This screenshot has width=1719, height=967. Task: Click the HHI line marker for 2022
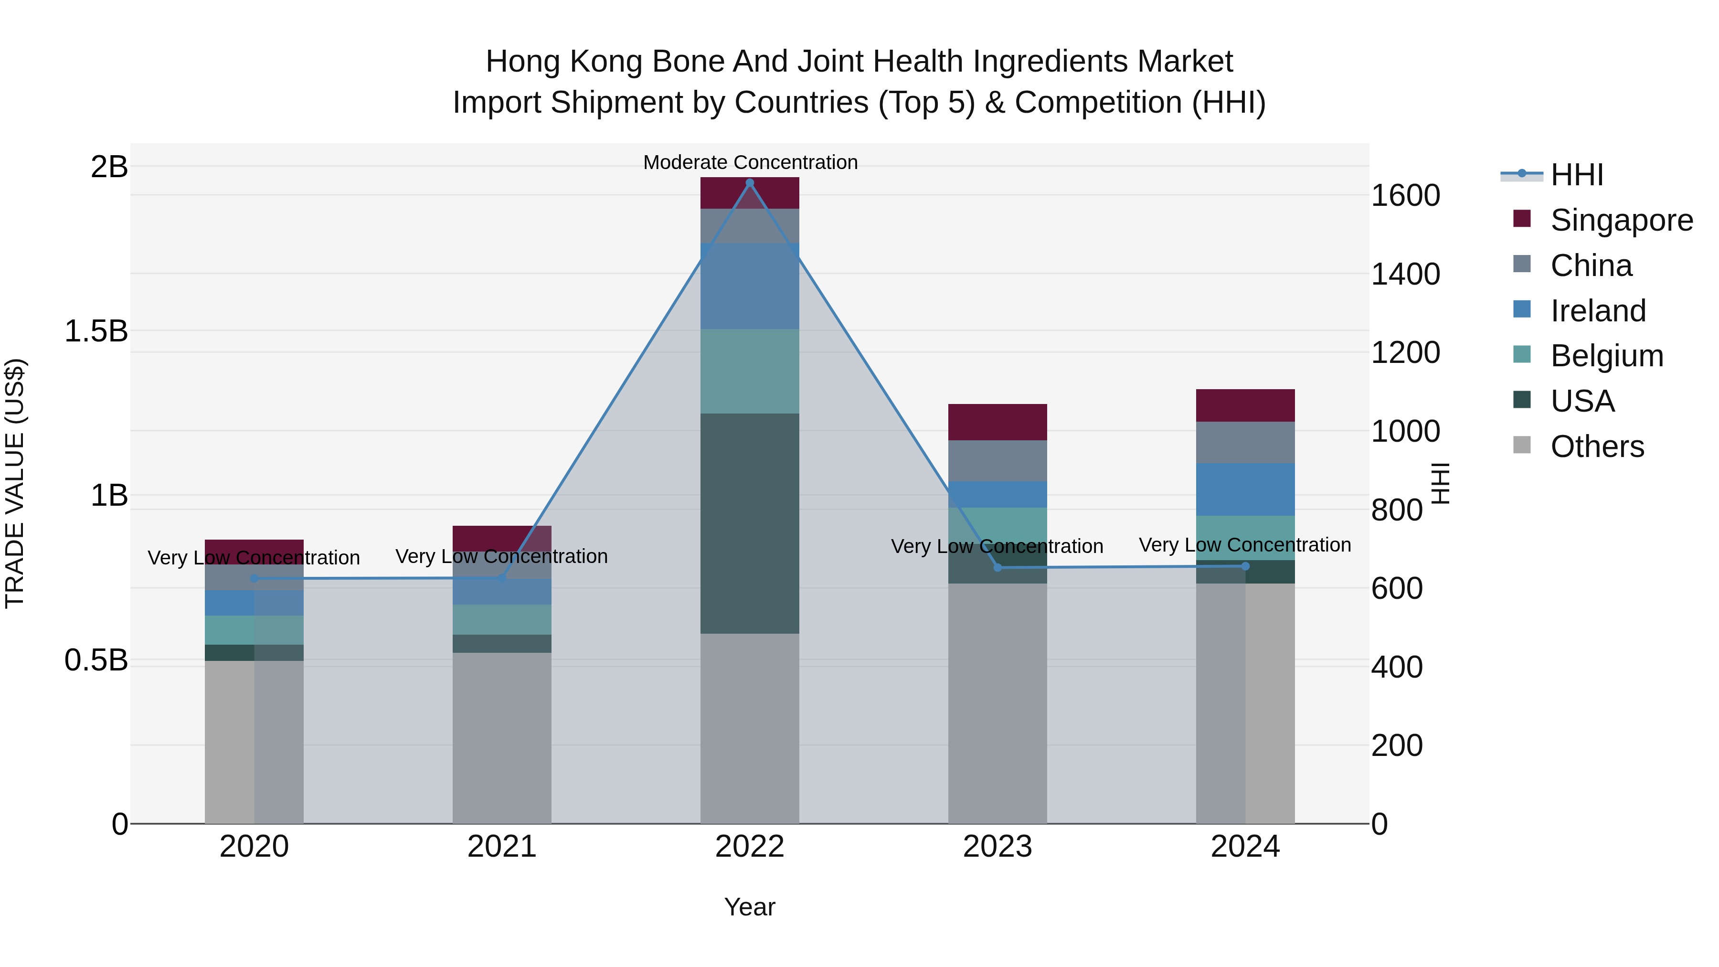coord(749,183)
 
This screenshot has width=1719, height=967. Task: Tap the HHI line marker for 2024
coord(1245,566)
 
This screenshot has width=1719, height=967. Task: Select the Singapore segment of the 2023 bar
coord(997,422)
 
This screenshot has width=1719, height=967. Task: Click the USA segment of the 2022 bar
coord(749,523)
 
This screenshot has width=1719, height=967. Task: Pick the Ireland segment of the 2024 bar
coord(1245,489)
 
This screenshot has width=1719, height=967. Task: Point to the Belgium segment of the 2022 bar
coord(749,371)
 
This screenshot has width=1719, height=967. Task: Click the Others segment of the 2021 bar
coord(502,737)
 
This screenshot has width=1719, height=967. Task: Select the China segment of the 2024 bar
coord(1245,443)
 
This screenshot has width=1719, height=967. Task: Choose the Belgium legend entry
coord(1606,356)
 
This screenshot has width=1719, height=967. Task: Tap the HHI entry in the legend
coord(1576,175)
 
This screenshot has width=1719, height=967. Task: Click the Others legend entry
coord(1596,446)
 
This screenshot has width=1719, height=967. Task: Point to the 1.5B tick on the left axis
coord(96,331)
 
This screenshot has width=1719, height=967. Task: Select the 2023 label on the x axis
coord(997,847)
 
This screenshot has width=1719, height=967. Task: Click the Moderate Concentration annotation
coord(750,162)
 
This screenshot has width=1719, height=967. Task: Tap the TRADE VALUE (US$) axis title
coord(15,483)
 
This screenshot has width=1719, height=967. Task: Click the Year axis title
coord(749,907)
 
